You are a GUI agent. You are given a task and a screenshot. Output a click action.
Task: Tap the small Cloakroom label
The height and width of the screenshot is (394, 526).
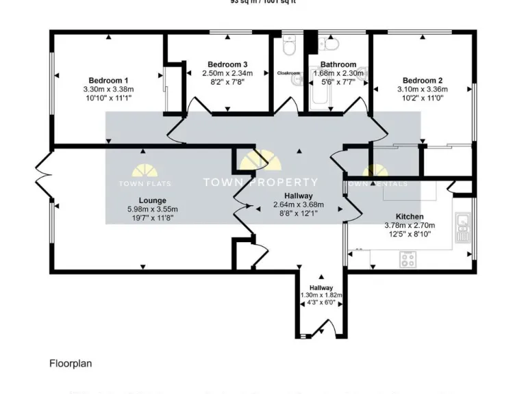click(288, 73)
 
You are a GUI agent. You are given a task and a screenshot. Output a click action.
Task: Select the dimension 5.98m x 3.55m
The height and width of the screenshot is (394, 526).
click(152, 209)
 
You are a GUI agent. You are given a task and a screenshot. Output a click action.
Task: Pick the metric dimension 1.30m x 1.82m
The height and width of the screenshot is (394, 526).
click(321, 295)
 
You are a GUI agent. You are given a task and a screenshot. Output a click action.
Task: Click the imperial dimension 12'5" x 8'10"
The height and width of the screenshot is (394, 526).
click(408, 234)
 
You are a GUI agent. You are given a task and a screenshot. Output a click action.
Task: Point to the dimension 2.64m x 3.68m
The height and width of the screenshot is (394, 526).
click(298, 205)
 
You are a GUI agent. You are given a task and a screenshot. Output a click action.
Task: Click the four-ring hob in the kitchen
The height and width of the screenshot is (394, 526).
click(408, 259)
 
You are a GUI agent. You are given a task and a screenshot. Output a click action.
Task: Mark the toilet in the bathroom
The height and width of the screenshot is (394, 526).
click(331, 44)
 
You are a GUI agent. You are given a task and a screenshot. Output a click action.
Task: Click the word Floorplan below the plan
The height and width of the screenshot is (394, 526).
click(70, 364)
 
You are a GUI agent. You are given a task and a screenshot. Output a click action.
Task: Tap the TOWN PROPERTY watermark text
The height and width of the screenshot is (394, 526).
click(260, 182)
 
